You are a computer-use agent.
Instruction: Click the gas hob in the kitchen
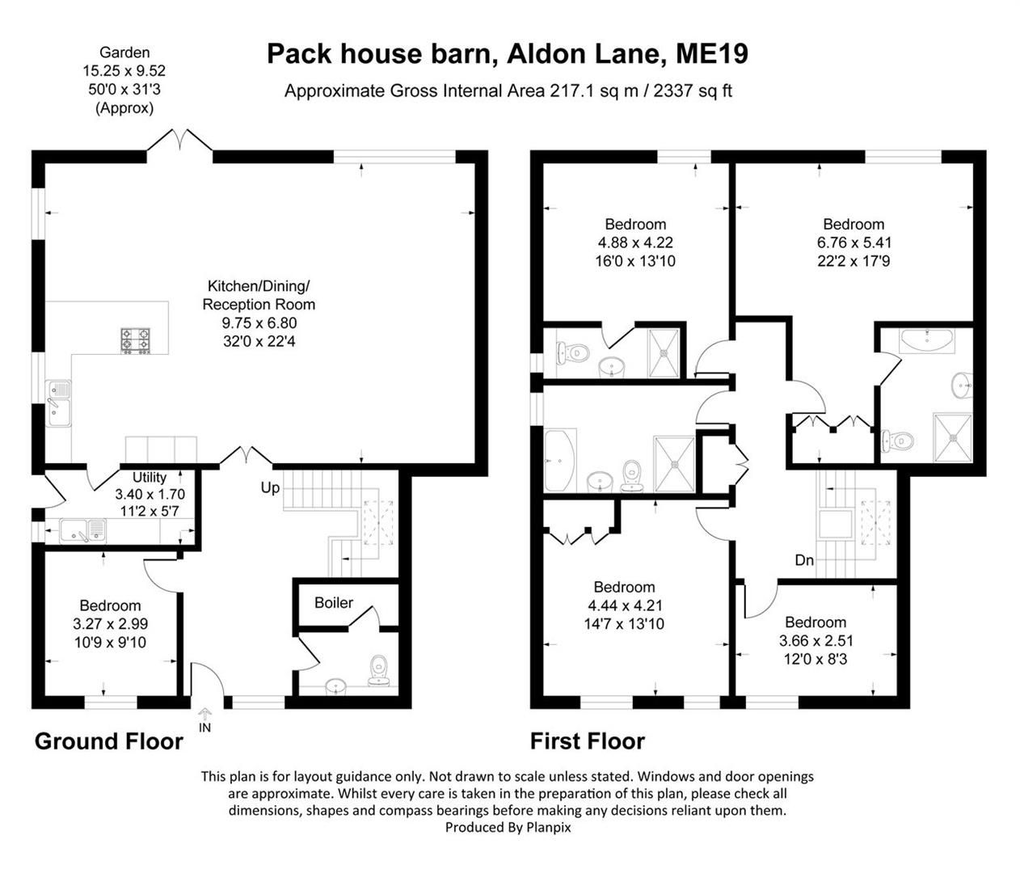click(136, 341)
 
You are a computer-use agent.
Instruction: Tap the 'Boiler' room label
click(334, 602)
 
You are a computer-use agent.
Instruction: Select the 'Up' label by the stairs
click(270, 488)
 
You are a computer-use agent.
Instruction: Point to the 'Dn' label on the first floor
click(804, 560)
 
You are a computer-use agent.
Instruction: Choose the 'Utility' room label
click(150, 477)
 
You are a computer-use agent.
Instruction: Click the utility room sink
click(83, 531)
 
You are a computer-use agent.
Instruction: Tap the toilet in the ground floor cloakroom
click(379, 671)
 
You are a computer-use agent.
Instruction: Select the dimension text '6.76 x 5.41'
click(854, 242)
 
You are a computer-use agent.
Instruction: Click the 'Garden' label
click(124, 53)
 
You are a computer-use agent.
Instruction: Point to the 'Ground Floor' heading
click(108, 741)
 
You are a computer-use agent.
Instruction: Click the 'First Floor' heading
click(588, 741)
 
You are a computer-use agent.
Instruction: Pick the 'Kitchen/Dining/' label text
click(259, 285)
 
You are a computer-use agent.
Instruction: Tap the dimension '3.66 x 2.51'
click(816, 640)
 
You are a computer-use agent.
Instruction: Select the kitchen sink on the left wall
click(58, 403)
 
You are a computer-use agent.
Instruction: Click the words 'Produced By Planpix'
click(508, 828)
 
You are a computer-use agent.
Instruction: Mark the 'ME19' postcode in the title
click(711, 54)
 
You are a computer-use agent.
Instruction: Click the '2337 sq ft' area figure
click(693, 91)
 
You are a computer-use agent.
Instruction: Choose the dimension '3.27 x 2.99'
click(111, 624)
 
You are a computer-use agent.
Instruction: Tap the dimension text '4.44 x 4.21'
click(625, 605)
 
